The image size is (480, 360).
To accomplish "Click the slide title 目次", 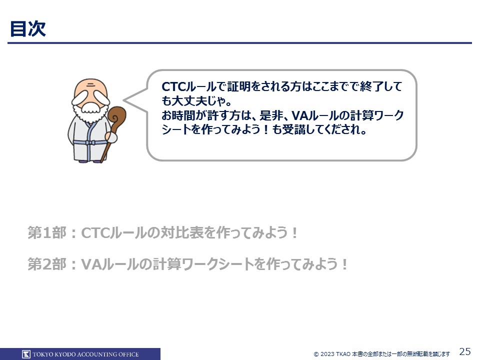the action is (28, 29).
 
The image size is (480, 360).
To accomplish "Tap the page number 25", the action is (465, 351).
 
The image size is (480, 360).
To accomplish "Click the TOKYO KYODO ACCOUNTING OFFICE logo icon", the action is (26, 354).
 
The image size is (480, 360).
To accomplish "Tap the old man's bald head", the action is (90, 87).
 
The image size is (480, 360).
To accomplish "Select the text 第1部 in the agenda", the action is (47, 232).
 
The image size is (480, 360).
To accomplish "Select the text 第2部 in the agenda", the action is (47, 264).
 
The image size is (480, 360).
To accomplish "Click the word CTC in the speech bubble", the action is (173, 86).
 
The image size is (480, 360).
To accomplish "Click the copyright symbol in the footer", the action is (316, 354).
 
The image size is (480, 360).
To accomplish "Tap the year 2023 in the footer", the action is (327, 354).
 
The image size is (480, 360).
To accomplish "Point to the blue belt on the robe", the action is (90, 142).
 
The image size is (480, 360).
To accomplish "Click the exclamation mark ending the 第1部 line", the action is (294, 233).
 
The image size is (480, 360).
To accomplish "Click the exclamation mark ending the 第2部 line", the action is (344, 264).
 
